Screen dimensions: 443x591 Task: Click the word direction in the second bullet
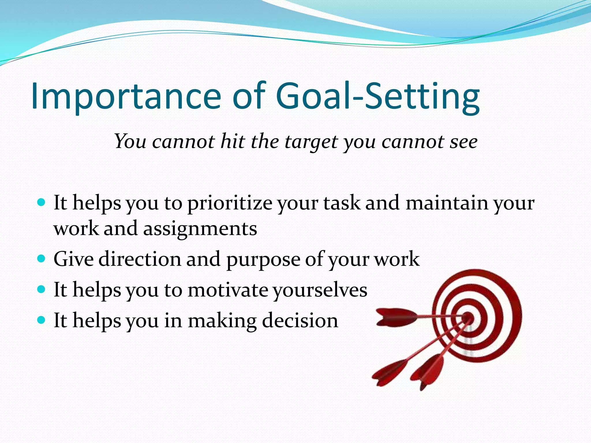click(140, 259)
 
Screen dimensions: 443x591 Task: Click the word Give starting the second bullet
click(73, 259)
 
